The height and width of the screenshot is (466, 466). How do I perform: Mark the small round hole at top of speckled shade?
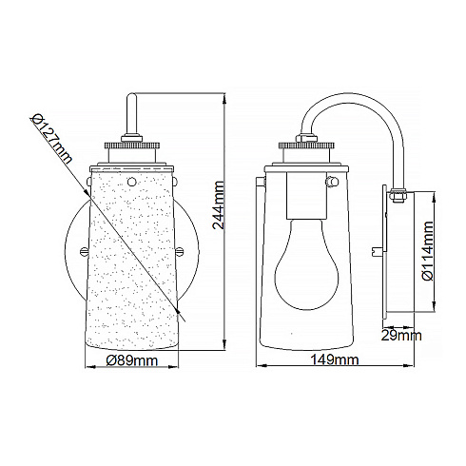coord(132,176)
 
